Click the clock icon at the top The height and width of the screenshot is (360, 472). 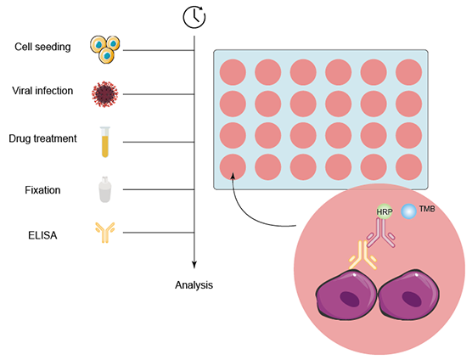click(x=194, y=15)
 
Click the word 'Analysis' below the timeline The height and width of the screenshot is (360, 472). click(x=194, y=284)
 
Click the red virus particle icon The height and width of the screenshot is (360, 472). click(x=103, y=93)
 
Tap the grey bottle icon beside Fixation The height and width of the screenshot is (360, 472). click(x=104, y=188)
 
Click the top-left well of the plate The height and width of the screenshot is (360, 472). click(x=234, y=72)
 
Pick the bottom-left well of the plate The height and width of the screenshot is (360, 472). click(x=234, y=166)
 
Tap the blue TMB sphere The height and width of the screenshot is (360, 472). click(x=409, y=209)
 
